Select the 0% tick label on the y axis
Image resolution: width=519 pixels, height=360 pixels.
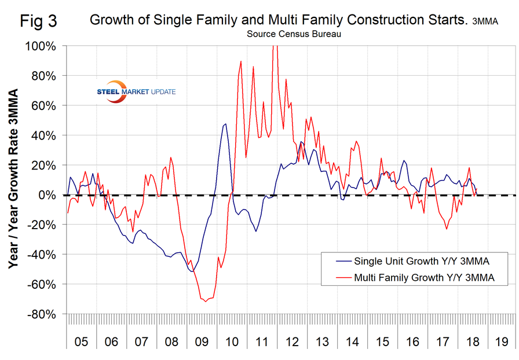coord(49,195)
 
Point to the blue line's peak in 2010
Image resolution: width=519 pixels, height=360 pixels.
coord(225,123)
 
